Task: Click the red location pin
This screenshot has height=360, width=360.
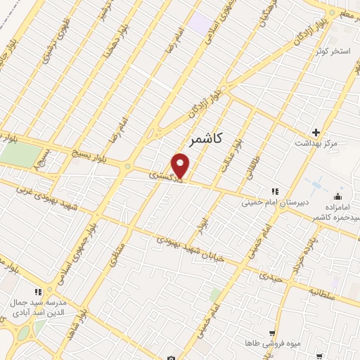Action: (181, 166)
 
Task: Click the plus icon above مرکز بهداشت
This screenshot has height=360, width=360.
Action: (316, 132)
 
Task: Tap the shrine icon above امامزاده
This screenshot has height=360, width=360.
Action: (338, 195)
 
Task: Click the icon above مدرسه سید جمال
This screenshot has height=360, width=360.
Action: (39, 291)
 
